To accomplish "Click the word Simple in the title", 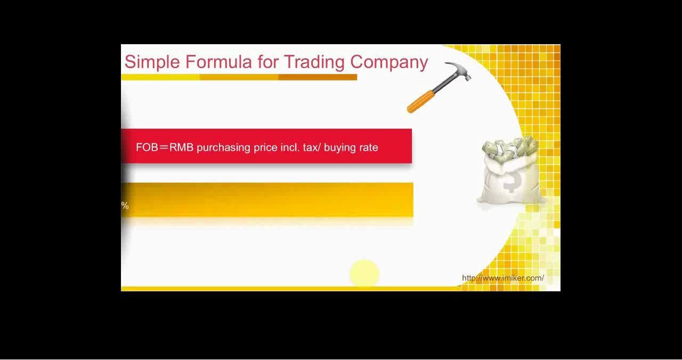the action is click(x=152, y=62).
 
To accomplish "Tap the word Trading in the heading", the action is click(x=314, y=62).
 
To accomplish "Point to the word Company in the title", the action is click(x=389, y=63).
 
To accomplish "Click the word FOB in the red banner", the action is click(x=147, y=148).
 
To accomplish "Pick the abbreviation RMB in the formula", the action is click(x=182, y=148).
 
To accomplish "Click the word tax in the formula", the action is click(x=310, y=148).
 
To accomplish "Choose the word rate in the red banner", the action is click(x=369, y=148).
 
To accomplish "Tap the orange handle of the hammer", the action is click(x=421, y=102).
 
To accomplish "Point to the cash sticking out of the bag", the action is click(x=510, y=149).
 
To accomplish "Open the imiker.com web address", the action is click(x=503, y=278).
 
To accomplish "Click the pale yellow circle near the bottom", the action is click(x=364, y=273).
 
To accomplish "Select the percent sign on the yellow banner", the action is click(x=125, y=206).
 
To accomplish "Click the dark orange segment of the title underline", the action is click(x=318, y=77).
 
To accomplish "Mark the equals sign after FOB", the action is click(x=164, y=148).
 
